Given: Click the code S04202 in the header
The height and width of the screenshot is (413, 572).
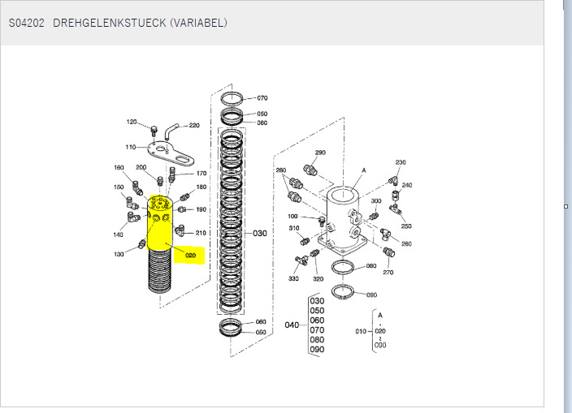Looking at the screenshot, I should point(27,23).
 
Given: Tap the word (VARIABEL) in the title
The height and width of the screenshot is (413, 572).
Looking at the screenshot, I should point(197,23).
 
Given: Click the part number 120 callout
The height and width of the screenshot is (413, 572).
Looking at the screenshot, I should point(132,122).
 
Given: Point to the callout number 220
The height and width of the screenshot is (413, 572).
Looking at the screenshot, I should point(194,126).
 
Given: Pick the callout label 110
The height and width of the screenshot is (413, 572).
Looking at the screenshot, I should point(130,147).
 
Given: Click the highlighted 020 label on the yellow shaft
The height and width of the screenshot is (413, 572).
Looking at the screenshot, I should point(190,255).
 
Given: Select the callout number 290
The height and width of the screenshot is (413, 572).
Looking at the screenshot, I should point(320,153).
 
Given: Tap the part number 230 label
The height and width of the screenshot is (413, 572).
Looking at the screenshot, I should point(401,162).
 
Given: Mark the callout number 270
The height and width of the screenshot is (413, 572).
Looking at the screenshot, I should point(388,273).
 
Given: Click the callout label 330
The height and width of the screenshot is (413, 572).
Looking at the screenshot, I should point(293,279).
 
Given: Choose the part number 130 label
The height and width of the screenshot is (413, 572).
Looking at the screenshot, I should point(119,255).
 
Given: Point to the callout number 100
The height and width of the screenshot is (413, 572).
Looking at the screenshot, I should point(292,216).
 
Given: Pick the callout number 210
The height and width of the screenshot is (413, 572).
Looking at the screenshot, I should point(201,233).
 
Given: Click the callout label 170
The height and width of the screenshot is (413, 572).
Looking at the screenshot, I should point(201,173).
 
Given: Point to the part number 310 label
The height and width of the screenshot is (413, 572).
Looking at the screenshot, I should point(293,228).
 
